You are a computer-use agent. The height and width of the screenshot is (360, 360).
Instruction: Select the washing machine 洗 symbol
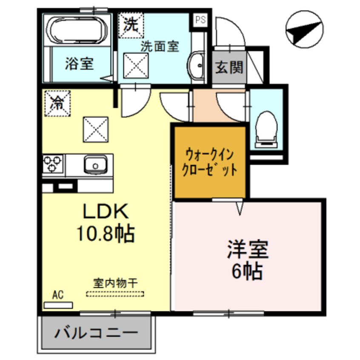coord(131,25)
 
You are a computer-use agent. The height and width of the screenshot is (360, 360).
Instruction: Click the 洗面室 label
coord(160,46)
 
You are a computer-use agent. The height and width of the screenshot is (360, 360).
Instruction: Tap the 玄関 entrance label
coord(229,67)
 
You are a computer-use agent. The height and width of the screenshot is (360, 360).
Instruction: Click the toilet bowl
coord(267,126)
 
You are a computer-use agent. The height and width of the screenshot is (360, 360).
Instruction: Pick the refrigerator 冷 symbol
coord(56,103)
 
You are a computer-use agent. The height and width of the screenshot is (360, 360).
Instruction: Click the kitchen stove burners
coord(53,163)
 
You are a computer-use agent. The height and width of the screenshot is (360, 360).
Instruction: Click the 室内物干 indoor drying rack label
coord(115,283)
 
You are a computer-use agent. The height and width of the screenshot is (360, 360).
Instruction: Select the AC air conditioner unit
coord(58,305)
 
